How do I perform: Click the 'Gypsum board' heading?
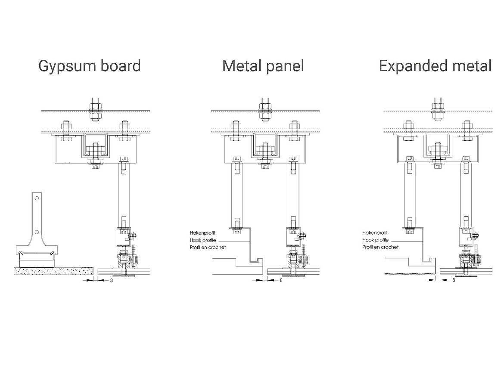(x=90, y=66)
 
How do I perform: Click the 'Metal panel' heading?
(x=263, y=66)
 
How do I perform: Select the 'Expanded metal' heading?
(x=435, y=66)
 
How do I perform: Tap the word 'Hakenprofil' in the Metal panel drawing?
(x=202, y=233)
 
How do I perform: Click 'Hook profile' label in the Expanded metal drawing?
(x=375, y=240)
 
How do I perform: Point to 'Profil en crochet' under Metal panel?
(x=208, y=247)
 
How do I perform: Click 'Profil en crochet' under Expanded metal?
(x=380, y=247)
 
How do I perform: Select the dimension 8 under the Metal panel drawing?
(x=281, y=280)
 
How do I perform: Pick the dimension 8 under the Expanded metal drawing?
(x=453, y=280)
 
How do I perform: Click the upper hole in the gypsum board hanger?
(x=37, y=198)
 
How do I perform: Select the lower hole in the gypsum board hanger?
(x=37, y=232)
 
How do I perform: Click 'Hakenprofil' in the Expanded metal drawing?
(x=375, y=233)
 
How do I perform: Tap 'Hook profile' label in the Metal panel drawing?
(x=202, y=240)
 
